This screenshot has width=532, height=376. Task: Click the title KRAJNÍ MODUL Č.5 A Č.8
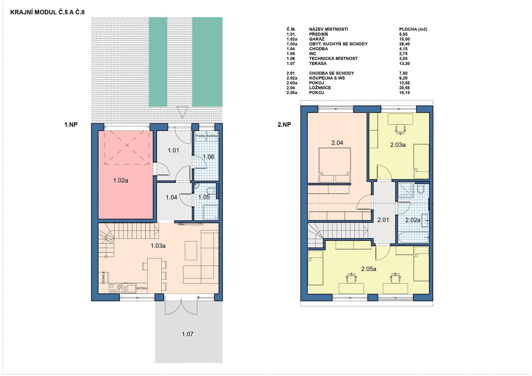(47, 12)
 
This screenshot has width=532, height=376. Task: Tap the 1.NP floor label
(71, 125)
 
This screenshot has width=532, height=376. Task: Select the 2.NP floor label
(284, 125)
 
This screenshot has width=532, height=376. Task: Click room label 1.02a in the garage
(121, 181)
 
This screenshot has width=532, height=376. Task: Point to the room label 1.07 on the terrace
(188, 334)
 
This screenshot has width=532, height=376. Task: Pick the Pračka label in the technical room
(200, 136)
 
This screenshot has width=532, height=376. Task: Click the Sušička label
(212, 136)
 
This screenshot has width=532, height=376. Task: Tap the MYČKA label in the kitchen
(142, 288)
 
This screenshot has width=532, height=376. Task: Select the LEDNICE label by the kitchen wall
(104, 277)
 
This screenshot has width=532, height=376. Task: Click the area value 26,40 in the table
(404, 44)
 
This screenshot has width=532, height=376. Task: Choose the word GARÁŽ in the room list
(317, 39)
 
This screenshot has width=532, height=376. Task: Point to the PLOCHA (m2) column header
(413, 29)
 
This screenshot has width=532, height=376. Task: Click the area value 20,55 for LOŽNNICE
(404, 88)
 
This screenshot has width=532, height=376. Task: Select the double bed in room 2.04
(335, 165)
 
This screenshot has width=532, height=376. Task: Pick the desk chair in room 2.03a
(400, 129)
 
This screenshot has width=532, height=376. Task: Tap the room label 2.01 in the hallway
(383, 220)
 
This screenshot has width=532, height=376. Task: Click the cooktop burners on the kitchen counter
(115, 288)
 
